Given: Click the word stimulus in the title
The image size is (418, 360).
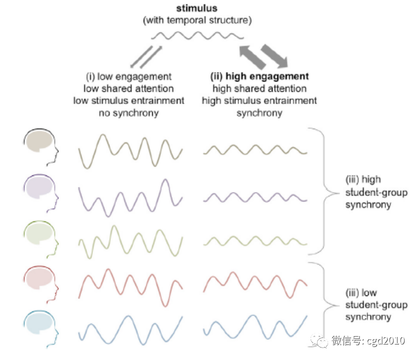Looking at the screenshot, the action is tap(197, 8).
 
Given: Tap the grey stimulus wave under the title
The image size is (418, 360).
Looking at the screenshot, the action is tap(197, 35).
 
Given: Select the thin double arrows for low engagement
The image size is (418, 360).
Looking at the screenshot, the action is tap(146, 56).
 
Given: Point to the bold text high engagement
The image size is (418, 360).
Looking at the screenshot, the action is tap(267, 76).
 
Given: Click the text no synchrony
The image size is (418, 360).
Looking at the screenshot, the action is tap(129, 113).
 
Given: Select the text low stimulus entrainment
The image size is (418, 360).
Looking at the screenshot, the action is tap(129, 100).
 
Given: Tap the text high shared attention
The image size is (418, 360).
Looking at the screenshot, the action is tap(259, 88).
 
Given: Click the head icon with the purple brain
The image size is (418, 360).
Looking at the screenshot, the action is tap(41, 193).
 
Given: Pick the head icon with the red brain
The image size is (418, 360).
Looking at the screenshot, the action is tap(41, 284).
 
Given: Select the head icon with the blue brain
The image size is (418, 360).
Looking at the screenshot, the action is tap(41, 329).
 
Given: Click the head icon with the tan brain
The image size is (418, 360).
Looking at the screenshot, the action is tap(41, 147).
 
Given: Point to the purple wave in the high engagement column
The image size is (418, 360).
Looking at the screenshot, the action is tap(255, 197).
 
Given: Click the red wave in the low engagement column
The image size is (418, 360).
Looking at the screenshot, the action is tap(130, 287).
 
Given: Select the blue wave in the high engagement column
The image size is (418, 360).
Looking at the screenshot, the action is tap(255, 327).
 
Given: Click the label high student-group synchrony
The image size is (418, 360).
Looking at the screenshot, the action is tap(376, 192).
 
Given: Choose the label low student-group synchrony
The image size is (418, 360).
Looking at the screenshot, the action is tap(376, 305).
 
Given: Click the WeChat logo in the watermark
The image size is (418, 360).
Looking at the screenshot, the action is tap(319, 341).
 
